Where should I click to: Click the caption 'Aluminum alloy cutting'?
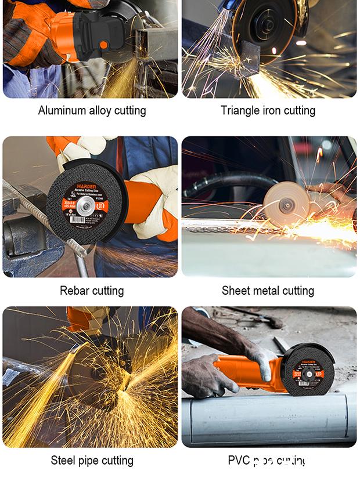pos(92,110)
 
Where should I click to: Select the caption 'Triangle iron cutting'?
pos(268,110)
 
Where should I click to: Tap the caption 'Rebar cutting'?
pos(92,290)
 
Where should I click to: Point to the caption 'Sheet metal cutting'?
pos(268,290)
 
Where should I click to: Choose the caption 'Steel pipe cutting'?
pos(92,461)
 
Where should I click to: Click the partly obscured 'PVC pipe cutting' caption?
pos(268,461)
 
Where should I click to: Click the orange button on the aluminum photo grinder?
pos(103,45)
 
